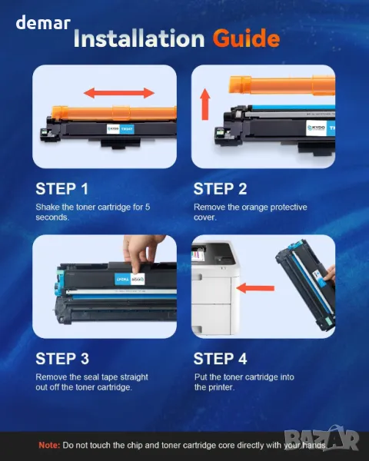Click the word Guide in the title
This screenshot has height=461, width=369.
[x=246, y=38]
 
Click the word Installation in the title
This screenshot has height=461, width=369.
[x=139, y=38]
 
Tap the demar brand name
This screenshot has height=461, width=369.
[x=43, y=22]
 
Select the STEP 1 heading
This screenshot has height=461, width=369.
[x=61, y=189]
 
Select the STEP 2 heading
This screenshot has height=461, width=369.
[x=220, y=189]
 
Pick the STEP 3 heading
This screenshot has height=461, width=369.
[x=62, y=359]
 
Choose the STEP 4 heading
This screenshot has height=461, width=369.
[x=220, y=359]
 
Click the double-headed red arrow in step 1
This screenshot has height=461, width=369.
[x=119, y=93]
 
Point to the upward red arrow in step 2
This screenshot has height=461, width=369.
[x=205, y=104]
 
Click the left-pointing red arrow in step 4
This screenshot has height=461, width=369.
[x=255, y=288]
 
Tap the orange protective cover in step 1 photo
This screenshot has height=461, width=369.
[x=115, y=113]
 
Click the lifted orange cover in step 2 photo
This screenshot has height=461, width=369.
[x=282, y=85]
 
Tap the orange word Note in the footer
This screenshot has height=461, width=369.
[x=49, y=445]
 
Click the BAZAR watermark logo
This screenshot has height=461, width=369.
[x=321, y=439]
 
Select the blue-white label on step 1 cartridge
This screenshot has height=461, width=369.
[x=121, y=129]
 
